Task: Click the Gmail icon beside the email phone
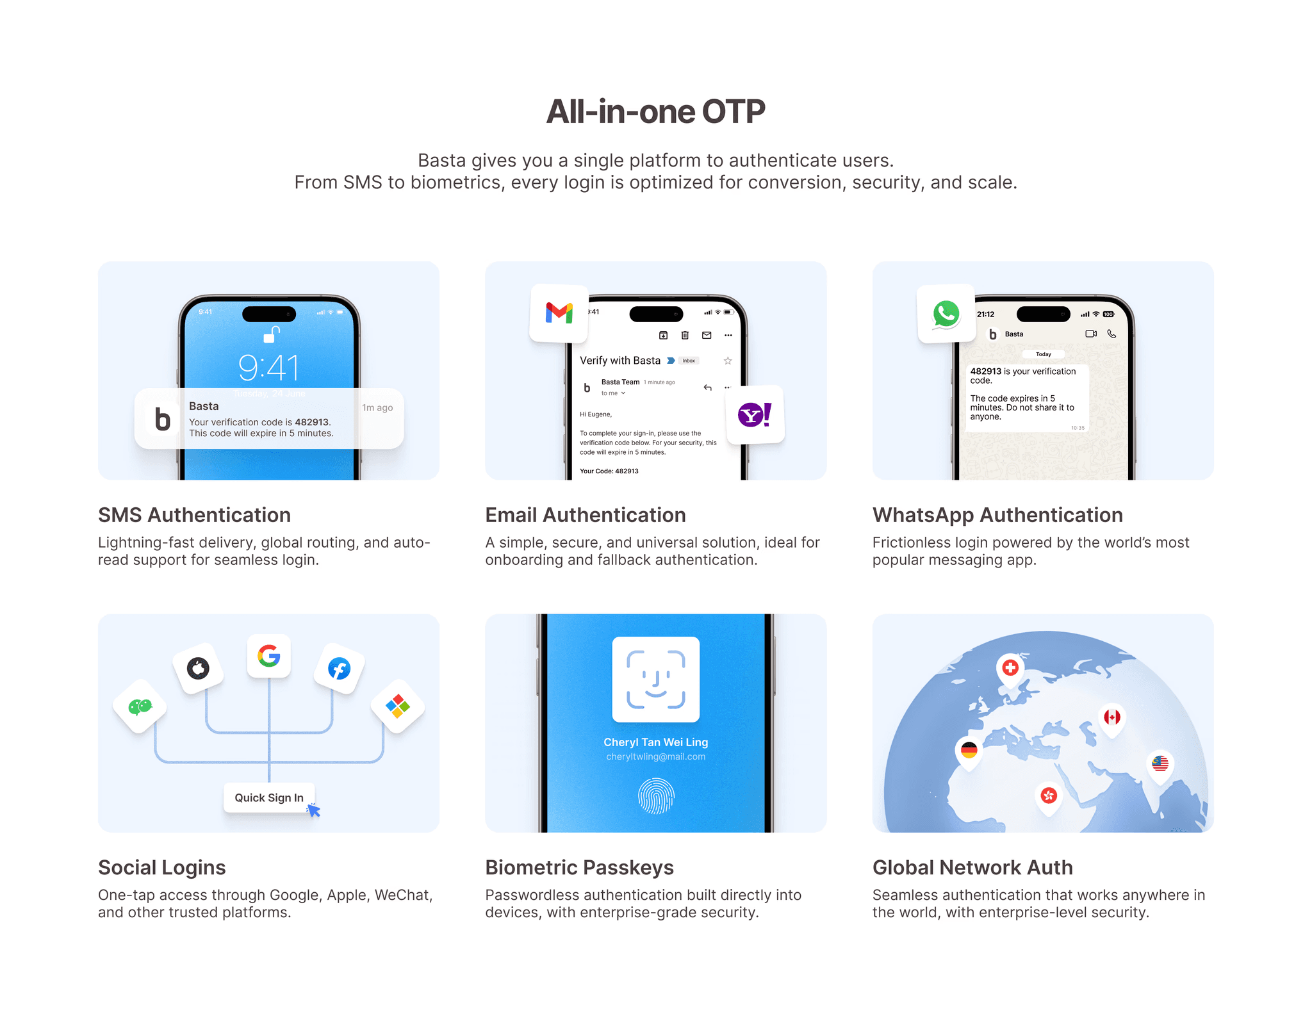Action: click(559, 313)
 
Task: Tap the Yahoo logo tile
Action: click(755, 414)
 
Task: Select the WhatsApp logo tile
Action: click(946, 314)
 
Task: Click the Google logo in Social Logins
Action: click(269, 655)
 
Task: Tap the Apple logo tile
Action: click(198, 668)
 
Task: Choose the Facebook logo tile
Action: click(339, 669)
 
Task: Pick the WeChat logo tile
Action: click(140, 706)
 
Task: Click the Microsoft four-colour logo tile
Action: click(398, 706)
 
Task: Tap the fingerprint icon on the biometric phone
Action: click(656, 796)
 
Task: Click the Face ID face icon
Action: click(656, 679)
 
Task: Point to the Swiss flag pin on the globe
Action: click(1010, 668)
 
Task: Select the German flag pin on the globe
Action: click(969, 750)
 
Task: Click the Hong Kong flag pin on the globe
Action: click(1049, 796)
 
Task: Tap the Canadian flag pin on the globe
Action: click(1112, 717)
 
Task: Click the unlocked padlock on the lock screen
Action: click(272, 334)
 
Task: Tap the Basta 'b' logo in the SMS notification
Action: click(162, 419)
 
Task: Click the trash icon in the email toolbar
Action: click(685, 335)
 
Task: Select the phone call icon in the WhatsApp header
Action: click(1111, 334)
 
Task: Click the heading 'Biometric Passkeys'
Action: click(579, 867)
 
